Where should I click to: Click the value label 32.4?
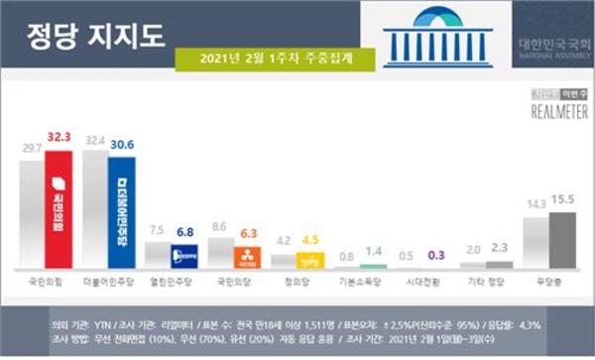[96, 143]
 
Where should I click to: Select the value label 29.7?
[33, 148]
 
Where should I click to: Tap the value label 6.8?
[185, 232]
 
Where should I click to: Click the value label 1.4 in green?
[373, 253]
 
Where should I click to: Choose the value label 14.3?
[536, 203]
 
